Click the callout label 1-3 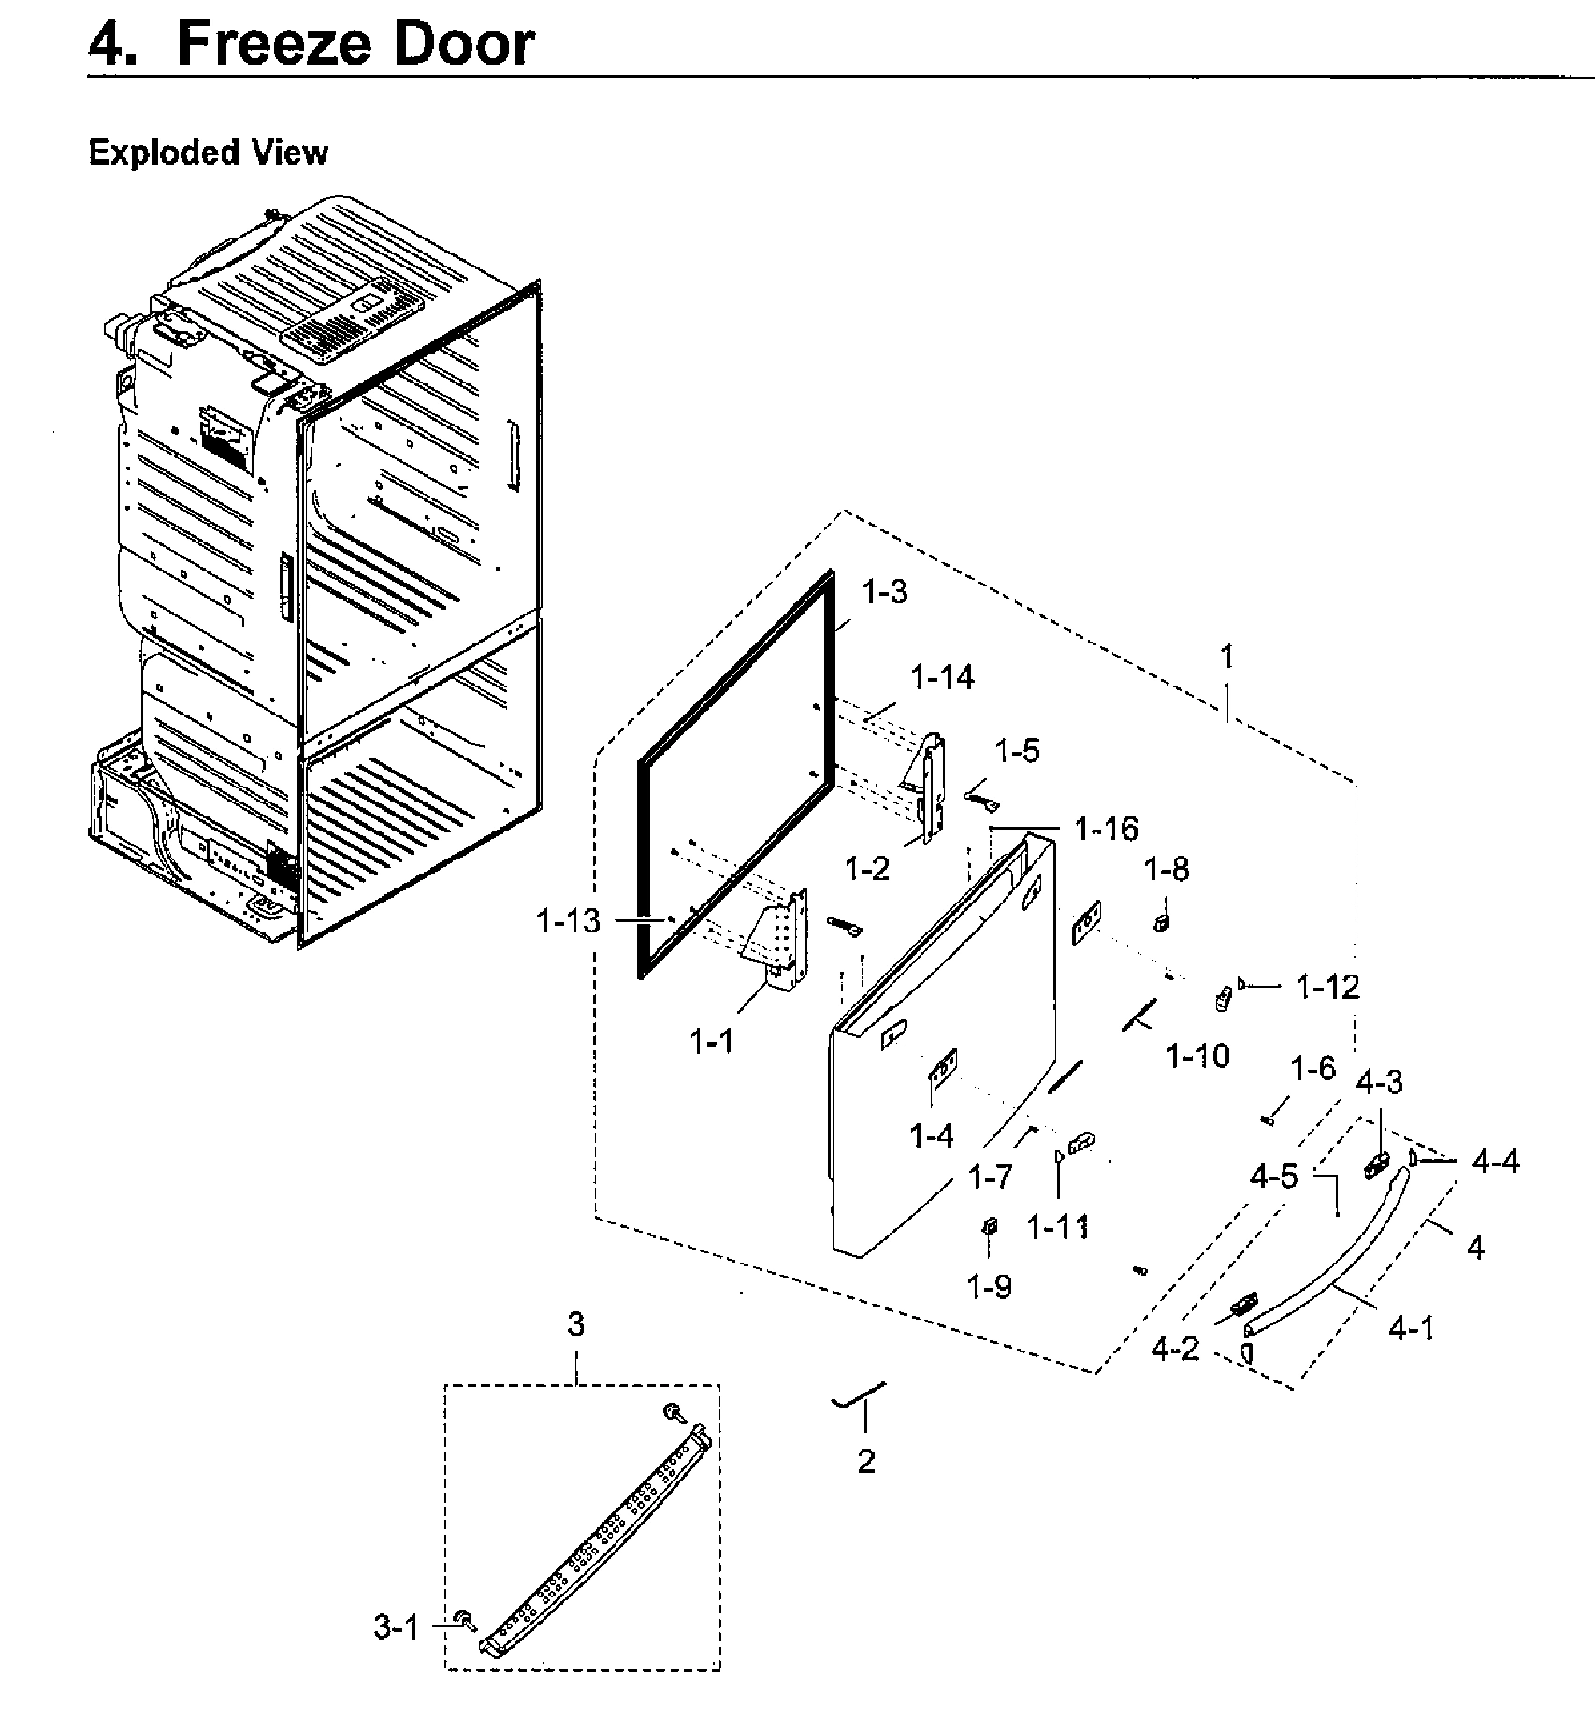pos(884,592)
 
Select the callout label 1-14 pos(943,677)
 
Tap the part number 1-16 pos(1106,829)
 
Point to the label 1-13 pos(568,921)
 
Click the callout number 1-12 pos(1327,986)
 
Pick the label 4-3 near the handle pos(1379,1083)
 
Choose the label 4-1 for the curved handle pos(1411,1328)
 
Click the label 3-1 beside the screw pos(397,1628)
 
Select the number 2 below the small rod pos(866,1461)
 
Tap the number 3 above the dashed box pos(576,1324)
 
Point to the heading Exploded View pos(208,152)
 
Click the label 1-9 pos(990,1287)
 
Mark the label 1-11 pos(1058,1226)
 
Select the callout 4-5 pos(1274,1177)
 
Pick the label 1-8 pos(1167,869)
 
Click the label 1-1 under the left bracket pos(713,1040)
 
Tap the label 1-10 pos(1197,1056)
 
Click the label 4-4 pos(1495,1162)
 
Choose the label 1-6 pos(1312,1068)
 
